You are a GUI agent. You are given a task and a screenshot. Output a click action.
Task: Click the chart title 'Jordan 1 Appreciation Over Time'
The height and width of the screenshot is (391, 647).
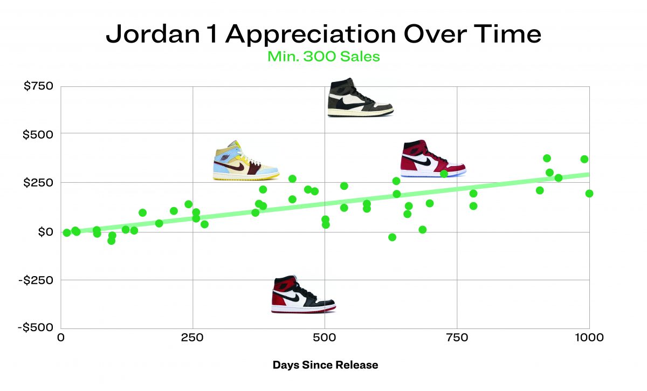[x=323, y=34]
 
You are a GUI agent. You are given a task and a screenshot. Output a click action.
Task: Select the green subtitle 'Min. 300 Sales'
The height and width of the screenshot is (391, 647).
[x=323, y=56]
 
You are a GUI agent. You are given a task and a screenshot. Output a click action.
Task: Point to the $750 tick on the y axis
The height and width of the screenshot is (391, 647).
[x=39, y=86]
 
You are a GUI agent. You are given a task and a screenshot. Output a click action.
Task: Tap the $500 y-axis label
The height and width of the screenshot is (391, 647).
[x=38, y=134]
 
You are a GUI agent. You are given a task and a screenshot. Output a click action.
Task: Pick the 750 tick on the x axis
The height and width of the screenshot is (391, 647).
[x=457, y=338]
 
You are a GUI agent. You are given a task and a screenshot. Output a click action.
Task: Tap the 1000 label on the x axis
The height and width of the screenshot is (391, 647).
[x=589, y=338]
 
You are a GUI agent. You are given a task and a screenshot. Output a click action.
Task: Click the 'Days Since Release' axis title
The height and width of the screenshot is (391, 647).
[x=325, y=365]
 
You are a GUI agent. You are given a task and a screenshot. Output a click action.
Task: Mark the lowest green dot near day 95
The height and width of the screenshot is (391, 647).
[x=111, y=241]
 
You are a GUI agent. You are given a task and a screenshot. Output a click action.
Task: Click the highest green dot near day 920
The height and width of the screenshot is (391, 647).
[x=547, y=158]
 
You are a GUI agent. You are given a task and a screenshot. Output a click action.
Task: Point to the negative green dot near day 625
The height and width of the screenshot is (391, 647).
[x=392, y=237]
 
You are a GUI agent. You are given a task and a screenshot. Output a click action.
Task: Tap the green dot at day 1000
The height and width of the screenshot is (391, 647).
[x=589, y=193]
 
